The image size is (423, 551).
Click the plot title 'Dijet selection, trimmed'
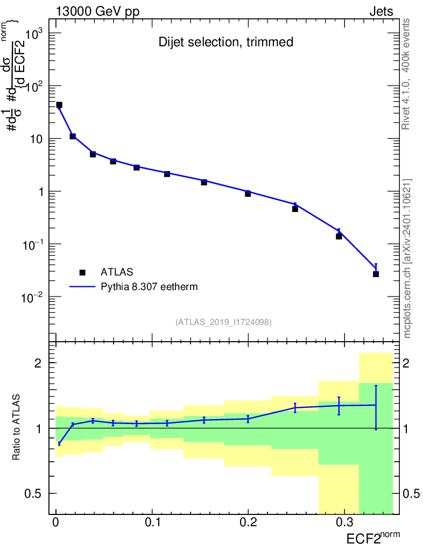click(x=226, y=42)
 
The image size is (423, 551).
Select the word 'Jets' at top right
click(x=381, y=11)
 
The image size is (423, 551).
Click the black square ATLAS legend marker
click(x=82, y=272)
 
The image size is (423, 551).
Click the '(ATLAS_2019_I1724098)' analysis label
click(x=223, y=322)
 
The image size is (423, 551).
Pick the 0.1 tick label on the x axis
click(x=152, y=523)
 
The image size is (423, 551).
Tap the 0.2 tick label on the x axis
click(x=248, y=523)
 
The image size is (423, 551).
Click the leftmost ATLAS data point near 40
click(x=59, y=105)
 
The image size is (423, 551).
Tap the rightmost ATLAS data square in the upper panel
click(x=376, y=274)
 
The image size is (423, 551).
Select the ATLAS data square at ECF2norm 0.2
click(x=248, y=194)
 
